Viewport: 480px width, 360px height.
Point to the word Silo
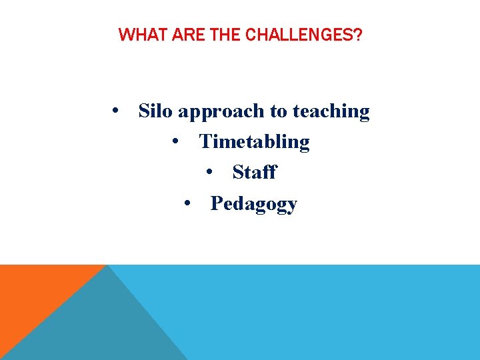click(x=155, y=111)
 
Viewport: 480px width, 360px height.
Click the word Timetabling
click(x=255, y=142)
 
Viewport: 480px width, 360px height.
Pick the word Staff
click(x=254, y=173)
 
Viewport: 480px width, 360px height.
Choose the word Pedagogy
click(x=253, y=205)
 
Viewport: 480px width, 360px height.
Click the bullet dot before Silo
click(x=117, y=111)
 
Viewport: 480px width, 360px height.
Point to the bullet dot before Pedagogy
click(x=189, y=203)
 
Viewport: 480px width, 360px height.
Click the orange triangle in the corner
click(x=33, y=293)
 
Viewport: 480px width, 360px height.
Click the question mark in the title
click(x=359, y=35)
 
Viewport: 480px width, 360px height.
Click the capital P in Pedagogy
click(x=217, y=203)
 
